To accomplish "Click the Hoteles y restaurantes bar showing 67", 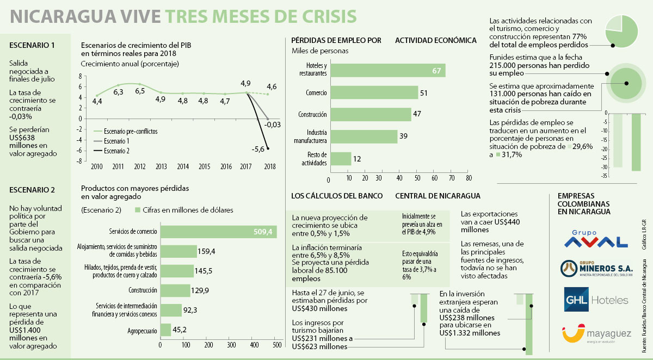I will (388, 71).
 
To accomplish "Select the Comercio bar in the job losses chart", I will (374, 92).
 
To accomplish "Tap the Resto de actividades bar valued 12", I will (341, 158).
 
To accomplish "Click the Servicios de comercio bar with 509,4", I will (218, 232).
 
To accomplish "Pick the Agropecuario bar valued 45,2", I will (165, 330).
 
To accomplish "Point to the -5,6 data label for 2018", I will (258, 149).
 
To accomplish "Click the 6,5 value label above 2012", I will (140, 91).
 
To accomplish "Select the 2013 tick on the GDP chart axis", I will (161, 166).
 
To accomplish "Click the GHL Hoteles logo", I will (596, 300).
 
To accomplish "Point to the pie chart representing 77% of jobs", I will (621, 31).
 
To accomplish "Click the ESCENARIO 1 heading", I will (32, 45).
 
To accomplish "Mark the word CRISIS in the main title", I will (321, 16).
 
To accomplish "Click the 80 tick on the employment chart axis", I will (469, 178).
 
